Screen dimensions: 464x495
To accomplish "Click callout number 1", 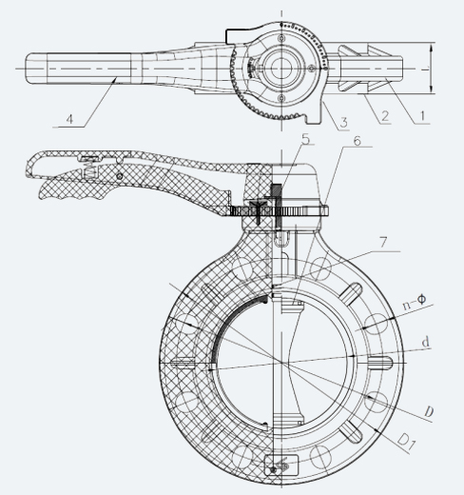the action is (x=422, y=116).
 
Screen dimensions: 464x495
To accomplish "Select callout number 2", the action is (x=385, y=116).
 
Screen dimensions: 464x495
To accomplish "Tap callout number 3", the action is (x=343, y=123).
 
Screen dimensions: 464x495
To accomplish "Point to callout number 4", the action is (x=69, y=119).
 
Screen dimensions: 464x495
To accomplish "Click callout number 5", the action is (x=305, y=140).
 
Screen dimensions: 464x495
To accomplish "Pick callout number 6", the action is (x=358, y=141).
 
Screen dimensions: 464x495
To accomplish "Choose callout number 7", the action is (x=383, y=243).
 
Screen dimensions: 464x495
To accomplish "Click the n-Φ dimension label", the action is (x=415, y=302).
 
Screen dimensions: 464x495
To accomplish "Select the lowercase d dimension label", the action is (x=426, y=342).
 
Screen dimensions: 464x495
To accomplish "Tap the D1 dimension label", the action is (x=406, y=442).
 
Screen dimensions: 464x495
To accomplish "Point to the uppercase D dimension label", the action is (x=429, y=412).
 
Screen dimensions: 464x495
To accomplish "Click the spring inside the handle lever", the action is (x=90, y=172).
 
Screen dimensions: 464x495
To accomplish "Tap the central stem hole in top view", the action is (x=281, y=68).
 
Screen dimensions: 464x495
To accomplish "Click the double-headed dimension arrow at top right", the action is (x=431, y=69).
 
